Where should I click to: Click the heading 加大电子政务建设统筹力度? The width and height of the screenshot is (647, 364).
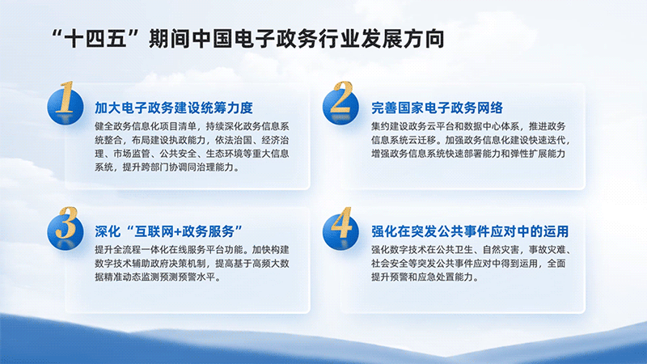[x=174, y=108]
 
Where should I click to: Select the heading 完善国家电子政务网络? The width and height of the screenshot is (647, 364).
[x=437, y=108]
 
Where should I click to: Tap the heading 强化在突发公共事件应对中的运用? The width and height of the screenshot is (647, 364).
[x=470, y=231]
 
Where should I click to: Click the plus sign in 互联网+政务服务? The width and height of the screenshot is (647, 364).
[x=177, y=232]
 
